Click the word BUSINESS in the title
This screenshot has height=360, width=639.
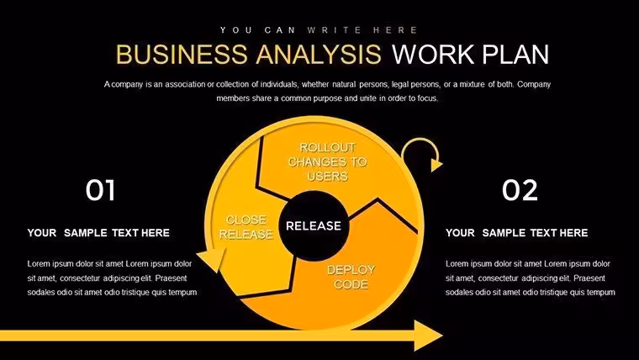(x=182, y=54)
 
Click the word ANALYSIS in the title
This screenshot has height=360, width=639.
(x=319, y=54)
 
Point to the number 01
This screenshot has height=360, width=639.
(x=100, y=190)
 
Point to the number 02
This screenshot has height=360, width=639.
(x=520, y=190)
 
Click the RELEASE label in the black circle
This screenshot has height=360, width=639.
(x=314, y=226)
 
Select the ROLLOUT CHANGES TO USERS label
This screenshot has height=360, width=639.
(x=328, y=161)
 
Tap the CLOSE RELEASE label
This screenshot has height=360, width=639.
(x=246, y=227)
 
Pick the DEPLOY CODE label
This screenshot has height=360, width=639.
(x=351, y=278)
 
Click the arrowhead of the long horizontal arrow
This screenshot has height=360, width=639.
(x=428, y=336)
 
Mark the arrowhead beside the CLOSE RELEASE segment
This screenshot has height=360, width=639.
(x=212, y=259)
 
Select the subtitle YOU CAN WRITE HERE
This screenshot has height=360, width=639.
(x=319, y=30)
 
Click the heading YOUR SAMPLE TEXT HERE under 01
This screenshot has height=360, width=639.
(x=98, y=233)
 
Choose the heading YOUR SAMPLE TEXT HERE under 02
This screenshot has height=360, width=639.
(x=517, y=233)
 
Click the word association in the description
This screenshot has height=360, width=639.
(x=186, y=84)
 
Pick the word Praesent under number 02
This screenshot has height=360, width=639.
(x=589, y=278)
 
